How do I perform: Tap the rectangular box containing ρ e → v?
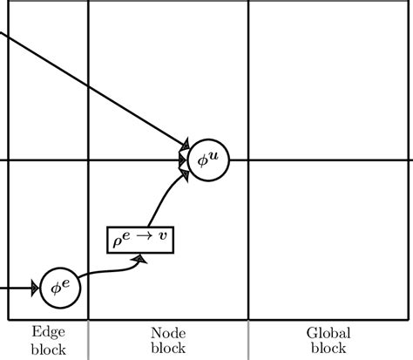coord(140,239)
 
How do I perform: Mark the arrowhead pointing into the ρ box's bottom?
coord(140,256)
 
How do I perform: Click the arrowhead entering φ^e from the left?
coord(36,286)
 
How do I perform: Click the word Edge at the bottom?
coord(48,332)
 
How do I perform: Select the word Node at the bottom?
coord(168,332)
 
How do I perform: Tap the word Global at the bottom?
coord(328,332)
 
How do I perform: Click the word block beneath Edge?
coord(48,349)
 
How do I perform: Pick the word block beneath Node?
coord(168,349)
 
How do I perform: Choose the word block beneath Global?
coord(328,349)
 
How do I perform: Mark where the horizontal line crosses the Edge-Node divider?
coord(89,160)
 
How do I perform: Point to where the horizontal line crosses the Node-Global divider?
coord(248,160)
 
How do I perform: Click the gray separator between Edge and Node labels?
coord(89,341)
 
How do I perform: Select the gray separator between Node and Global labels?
coord(248,341)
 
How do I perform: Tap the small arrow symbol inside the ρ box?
coord(148,239)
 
